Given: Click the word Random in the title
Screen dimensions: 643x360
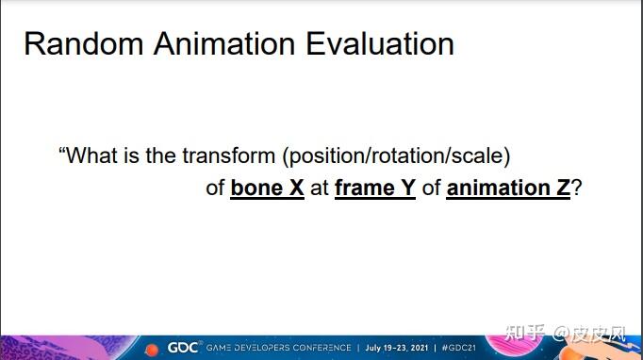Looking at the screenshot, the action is pyautogui.click(x=84, y=44).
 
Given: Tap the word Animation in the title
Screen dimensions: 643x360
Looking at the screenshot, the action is pyautogui.click(x=224, y=44).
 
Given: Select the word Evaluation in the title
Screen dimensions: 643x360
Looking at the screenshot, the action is pyautogui.click(x=380, y=44).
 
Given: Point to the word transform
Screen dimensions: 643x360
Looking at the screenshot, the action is pyautogui.click(x=228, y=155).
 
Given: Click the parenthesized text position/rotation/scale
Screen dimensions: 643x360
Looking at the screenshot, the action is pyautogui.click(x=396, y=156).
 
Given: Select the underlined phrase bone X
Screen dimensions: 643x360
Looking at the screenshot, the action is pyautogui.click(x=267, y=188).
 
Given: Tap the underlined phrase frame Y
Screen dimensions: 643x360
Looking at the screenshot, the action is pyautogui.click(x=375, y=188).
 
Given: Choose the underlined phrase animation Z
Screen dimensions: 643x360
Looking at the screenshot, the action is pyautogui.click(x=508, y=188).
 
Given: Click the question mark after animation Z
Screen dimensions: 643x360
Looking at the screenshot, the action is pyautogui.click(x=576, y=188).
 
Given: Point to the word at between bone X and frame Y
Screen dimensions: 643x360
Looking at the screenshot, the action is pyautogui.click(x=320, y=188).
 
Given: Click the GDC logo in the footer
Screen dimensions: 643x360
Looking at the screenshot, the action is pyautogui.click(x=183, y=348).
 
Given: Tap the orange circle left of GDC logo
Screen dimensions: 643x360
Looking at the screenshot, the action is pyautogui.click(x=152, y=350).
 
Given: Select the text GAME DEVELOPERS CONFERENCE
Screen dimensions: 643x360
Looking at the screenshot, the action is pyautogui.click(x=278, y=348).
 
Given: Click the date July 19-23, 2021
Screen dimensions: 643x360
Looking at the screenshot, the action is pyautogui.click(x=397, y=348).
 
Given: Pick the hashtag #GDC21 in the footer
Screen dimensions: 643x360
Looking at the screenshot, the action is pyautogui.click(x=459, y=348).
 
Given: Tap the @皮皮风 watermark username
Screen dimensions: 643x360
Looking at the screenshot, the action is pyautogui.click(x=589, y=334).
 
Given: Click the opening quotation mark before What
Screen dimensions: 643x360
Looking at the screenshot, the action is pyautogui.click(x=62, y=150).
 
